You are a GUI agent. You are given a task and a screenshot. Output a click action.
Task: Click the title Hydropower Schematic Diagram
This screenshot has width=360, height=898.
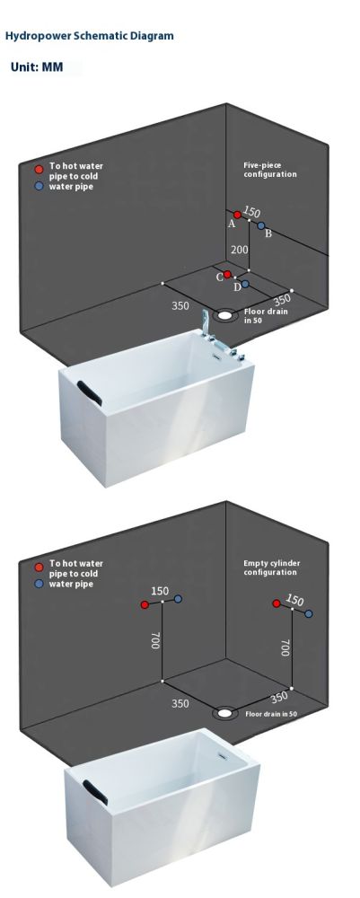pyautogui.click(x=89, y=36)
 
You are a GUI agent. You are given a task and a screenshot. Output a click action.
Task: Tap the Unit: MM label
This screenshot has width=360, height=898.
pyautogui.click(x=37, y=67)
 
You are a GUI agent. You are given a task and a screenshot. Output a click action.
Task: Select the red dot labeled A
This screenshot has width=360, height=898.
pyautogui.click(x=238, y=215)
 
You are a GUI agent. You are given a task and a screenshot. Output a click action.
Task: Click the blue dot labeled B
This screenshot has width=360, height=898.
pyautogui.click(x=261, y=225)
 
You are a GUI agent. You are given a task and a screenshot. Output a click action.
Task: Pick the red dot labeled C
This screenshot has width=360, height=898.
pyautogui.click(x=227, y=274)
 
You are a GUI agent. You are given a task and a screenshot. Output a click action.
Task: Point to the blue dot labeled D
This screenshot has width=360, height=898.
pyautogui.click(x=245, y=284)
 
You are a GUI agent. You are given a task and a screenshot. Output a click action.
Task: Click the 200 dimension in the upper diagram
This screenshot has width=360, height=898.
pyautogui.click(x=239, y=249)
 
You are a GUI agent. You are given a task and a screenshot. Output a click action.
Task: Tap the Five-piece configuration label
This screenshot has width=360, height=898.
pyautogui.click(x=270, y=170)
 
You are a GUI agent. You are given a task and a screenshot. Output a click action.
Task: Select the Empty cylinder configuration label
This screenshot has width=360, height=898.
pyautogui.click(x=272, y=568)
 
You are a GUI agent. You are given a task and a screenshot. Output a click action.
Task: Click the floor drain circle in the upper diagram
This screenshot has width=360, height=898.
pyautogui.click(x=225, y=314)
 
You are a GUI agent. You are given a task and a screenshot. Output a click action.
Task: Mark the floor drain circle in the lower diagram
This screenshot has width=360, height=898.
pyautogui.click(x=225, y=713)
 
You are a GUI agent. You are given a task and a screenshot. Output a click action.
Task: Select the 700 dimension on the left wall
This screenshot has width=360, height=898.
pyautogui.click(x=155, y=639)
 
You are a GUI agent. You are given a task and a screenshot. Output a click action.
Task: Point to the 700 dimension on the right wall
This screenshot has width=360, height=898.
pyautogui.click(x=285, y=647)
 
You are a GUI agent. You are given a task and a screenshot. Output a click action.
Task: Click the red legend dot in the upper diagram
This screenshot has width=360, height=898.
pyautogui.click(x=39, y=169)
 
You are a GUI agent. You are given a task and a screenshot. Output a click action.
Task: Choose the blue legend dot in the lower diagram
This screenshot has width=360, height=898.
pyautogui.click(x=39, y=584)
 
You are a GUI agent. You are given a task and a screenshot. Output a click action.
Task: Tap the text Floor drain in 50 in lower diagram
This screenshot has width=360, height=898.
pyautogui.click(x=271, y=714)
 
